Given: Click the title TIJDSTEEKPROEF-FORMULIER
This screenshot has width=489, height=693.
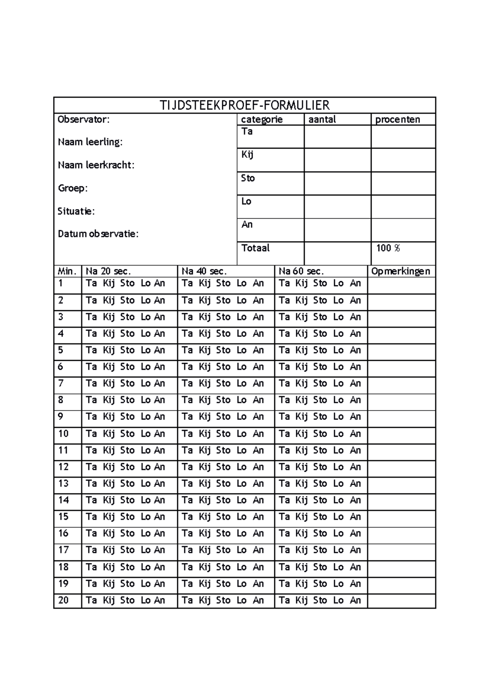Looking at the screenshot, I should coord(244,105).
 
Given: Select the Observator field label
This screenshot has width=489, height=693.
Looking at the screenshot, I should coord(84,120).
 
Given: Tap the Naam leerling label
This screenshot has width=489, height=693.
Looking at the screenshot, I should coord(90,142).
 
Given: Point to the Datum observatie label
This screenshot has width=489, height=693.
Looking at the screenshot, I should coord(98,234).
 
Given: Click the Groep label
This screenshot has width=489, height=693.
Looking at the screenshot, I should coord(73,188).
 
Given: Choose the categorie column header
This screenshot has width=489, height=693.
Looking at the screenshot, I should coord(262,120).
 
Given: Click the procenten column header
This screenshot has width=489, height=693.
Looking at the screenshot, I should coord(397,120).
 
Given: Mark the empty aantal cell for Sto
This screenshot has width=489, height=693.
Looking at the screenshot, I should coord(337,183).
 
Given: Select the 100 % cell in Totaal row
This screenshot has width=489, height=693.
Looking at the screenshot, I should coord(388,248).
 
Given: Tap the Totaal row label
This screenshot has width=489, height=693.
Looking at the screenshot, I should coord(256,248).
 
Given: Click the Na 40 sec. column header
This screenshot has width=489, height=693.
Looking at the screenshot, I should coord(204,271).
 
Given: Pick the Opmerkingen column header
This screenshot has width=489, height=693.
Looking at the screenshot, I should coord(401,271).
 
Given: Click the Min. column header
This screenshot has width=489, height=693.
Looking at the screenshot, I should coord(67,271).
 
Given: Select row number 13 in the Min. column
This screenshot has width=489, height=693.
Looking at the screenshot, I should coord(64,484).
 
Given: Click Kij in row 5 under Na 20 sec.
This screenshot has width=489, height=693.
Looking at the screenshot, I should coord(109,350).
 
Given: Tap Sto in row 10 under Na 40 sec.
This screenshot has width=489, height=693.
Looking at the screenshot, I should coord(223,434).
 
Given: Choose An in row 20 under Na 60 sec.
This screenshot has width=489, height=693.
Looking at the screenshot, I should coord(355,600).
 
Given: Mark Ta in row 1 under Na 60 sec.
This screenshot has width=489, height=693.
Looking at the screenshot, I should coord(284,283).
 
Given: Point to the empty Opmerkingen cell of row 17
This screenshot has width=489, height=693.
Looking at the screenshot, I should coord(401,550).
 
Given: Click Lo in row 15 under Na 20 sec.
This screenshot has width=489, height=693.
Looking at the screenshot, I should coord(145,517).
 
